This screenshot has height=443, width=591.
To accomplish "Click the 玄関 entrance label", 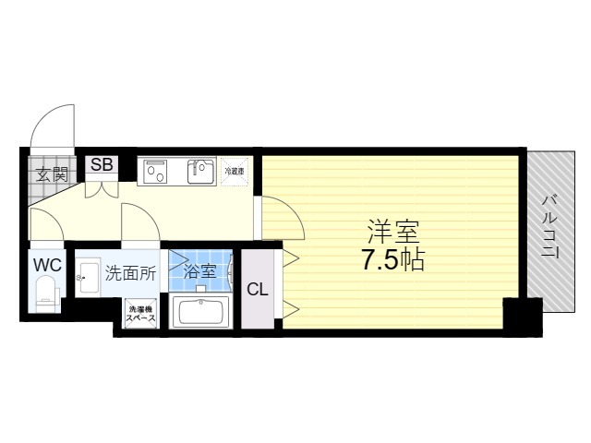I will pyautogui.click(x=52, y=173).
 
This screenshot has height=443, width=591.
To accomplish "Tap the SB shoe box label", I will pyautogui.click(x=102, y=165).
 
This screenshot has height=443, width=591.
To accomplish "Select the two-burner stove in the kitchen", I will pyautogui.click(x=153, y=171).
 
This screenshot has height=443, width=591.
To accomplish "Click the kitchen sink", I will pyautogui.click(x=200, y=171).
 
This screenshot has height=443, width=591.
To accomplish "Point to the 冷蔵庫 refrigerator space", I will pyautogui.click(x=234, y=171).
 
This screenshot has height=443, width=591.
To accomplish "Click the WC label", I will pyautogui.click(x=47, y=265).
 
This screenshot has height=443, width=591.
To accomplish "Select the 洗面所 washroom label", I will pyautogui.click(x=130, y=272).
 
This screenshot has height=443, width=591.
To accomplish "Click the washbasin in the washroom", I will pyautogui.click(x=88, y=276).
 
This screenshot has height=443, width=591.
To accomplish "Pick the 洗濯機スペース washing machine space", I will pyautogui.click(x=140, y=314).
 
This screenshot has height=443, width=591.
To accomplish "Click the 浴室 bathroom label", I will pyautogui.click(x=199, y=271).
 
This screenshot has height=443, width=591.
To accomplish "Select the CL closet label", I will pyautogui.click(x=258, y=289).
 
